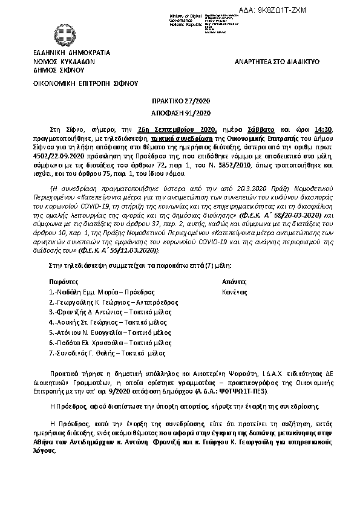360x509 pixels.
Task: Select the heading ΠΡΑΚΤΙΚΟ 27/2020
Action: pyautogui.click(x=180, y=103)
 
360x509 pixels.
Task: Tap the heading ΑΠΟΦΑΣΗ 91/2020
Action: pyautogui.click(x=180, y=114)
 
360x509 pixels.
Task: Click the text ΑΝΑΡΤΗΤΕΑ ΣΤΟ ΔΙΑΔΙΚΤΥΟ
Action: pyautogui.click(x=277, y=62)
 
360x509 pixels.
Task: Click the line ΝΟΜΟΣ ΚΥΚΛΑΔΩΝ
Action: pyautogui.click(x=64, y=62)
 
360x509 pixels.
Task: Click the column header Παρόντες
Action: pyautogui.click(x=63, y=281)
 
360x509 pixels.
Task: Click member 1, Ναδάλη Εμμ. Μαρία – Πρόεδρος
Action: pyautogui.click(x=97, y=291)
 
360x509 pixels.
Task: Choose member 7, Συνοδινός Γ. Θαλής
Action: pyautogui.click(x=99, y=353)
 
